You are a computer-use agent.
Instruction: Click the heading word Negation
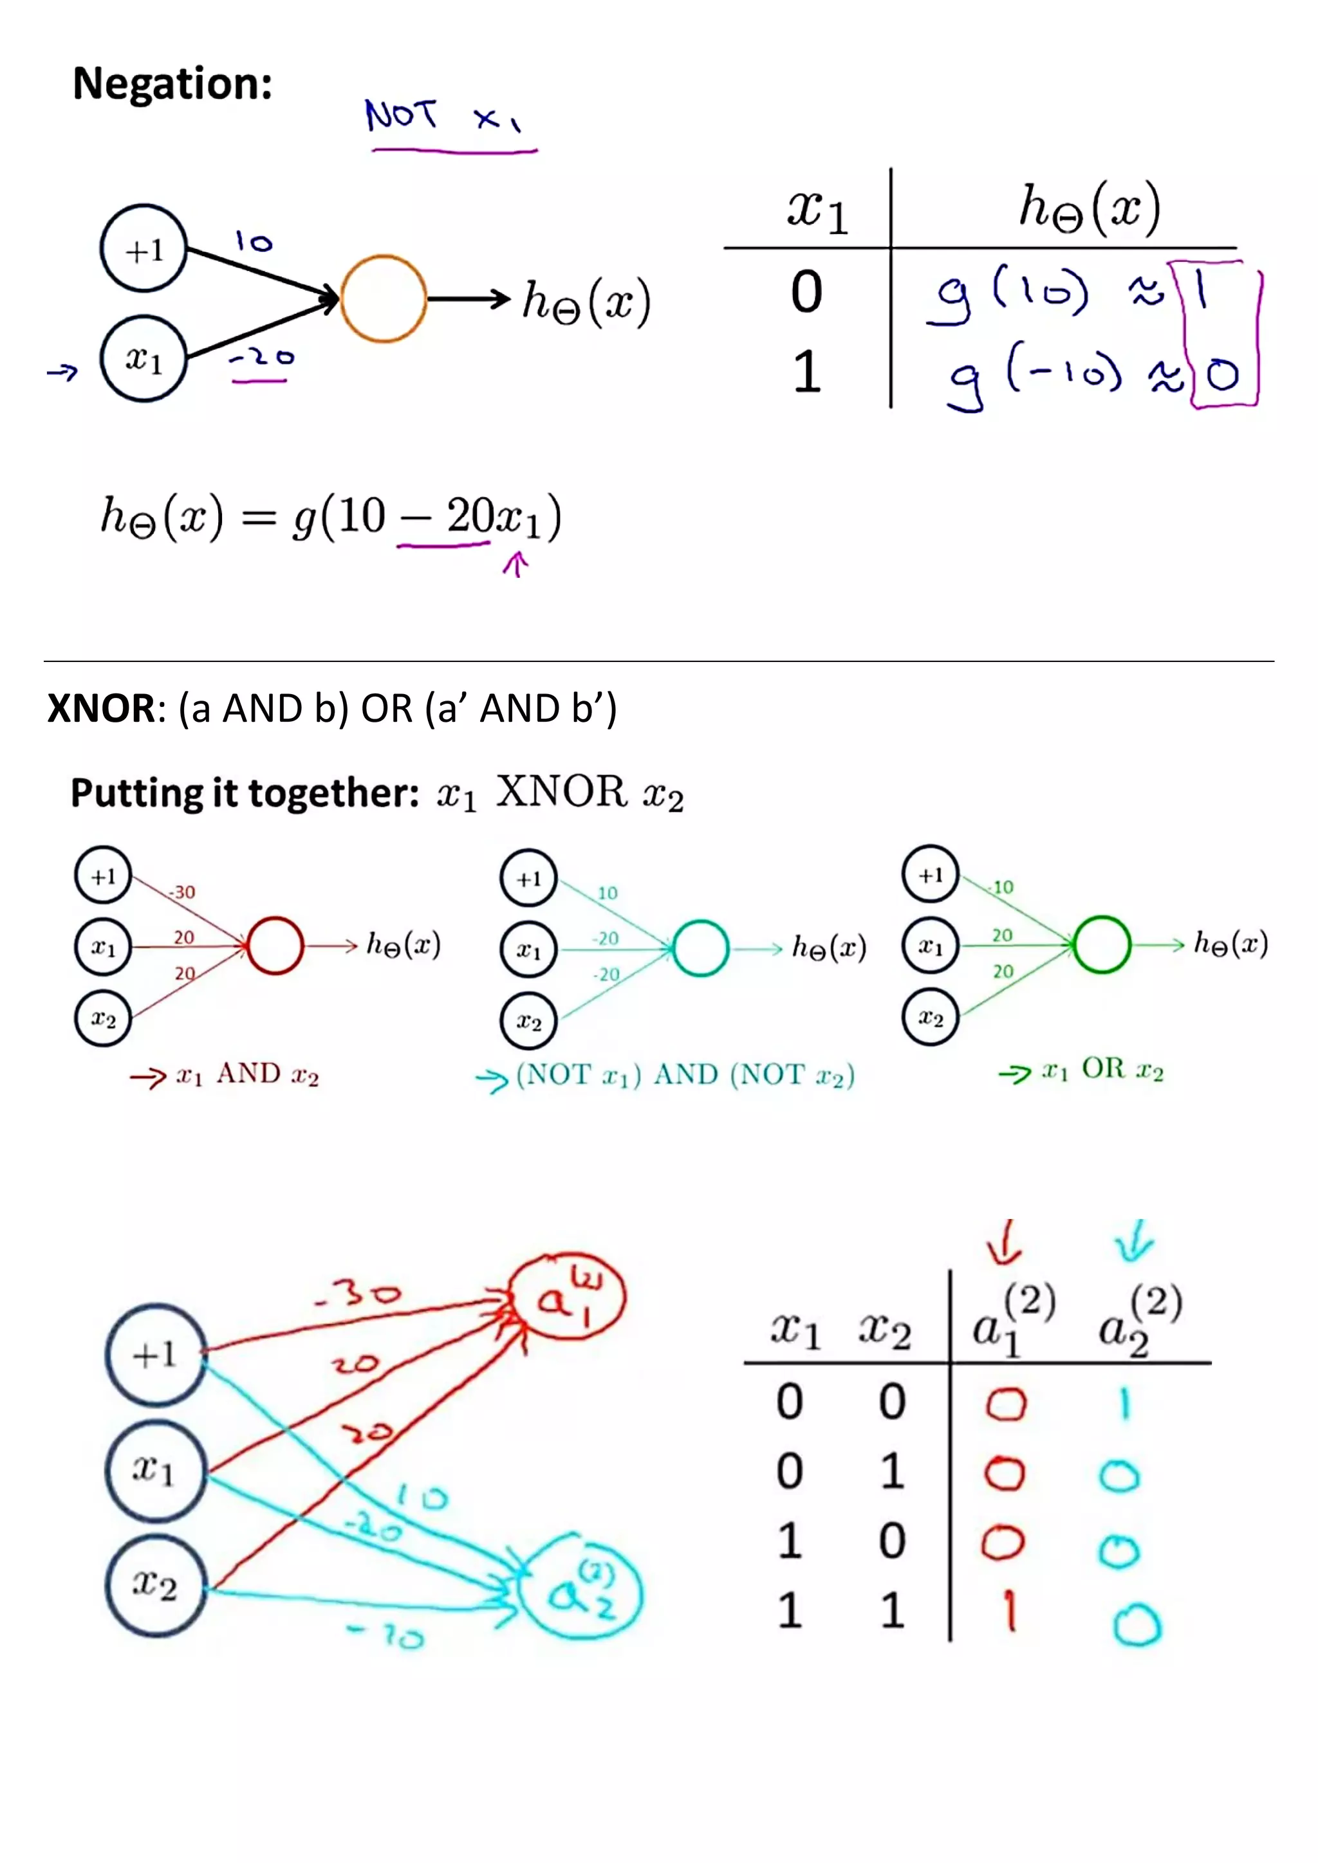coord(172,84)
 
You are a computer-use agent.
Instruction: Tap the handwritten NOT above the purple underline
coord(401,115)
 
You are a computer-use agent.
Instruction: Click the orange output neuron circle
coord(383,298)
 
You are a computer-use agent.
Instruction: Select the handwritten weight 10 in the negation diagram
coord(254,241)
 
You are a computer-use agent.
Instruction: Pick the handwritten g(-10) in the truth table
coord(1035,378)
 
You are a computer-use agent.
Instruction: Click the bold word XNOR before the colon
coord(100,708)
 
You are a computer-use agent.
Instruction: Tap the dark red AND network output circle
coord(275,945)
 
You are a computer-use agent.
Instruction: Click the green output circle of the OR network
coord(1101,944)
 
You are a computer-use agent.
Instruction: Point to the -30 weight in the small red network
coord(181,892)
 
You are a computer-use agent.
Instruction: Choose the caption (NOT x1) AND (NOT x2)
coord(685,1075)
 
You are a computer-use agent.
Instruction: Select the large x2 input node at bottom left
coord(155,1584)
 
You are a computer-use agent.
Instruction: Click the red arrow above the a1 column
coord(1005,1242)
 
